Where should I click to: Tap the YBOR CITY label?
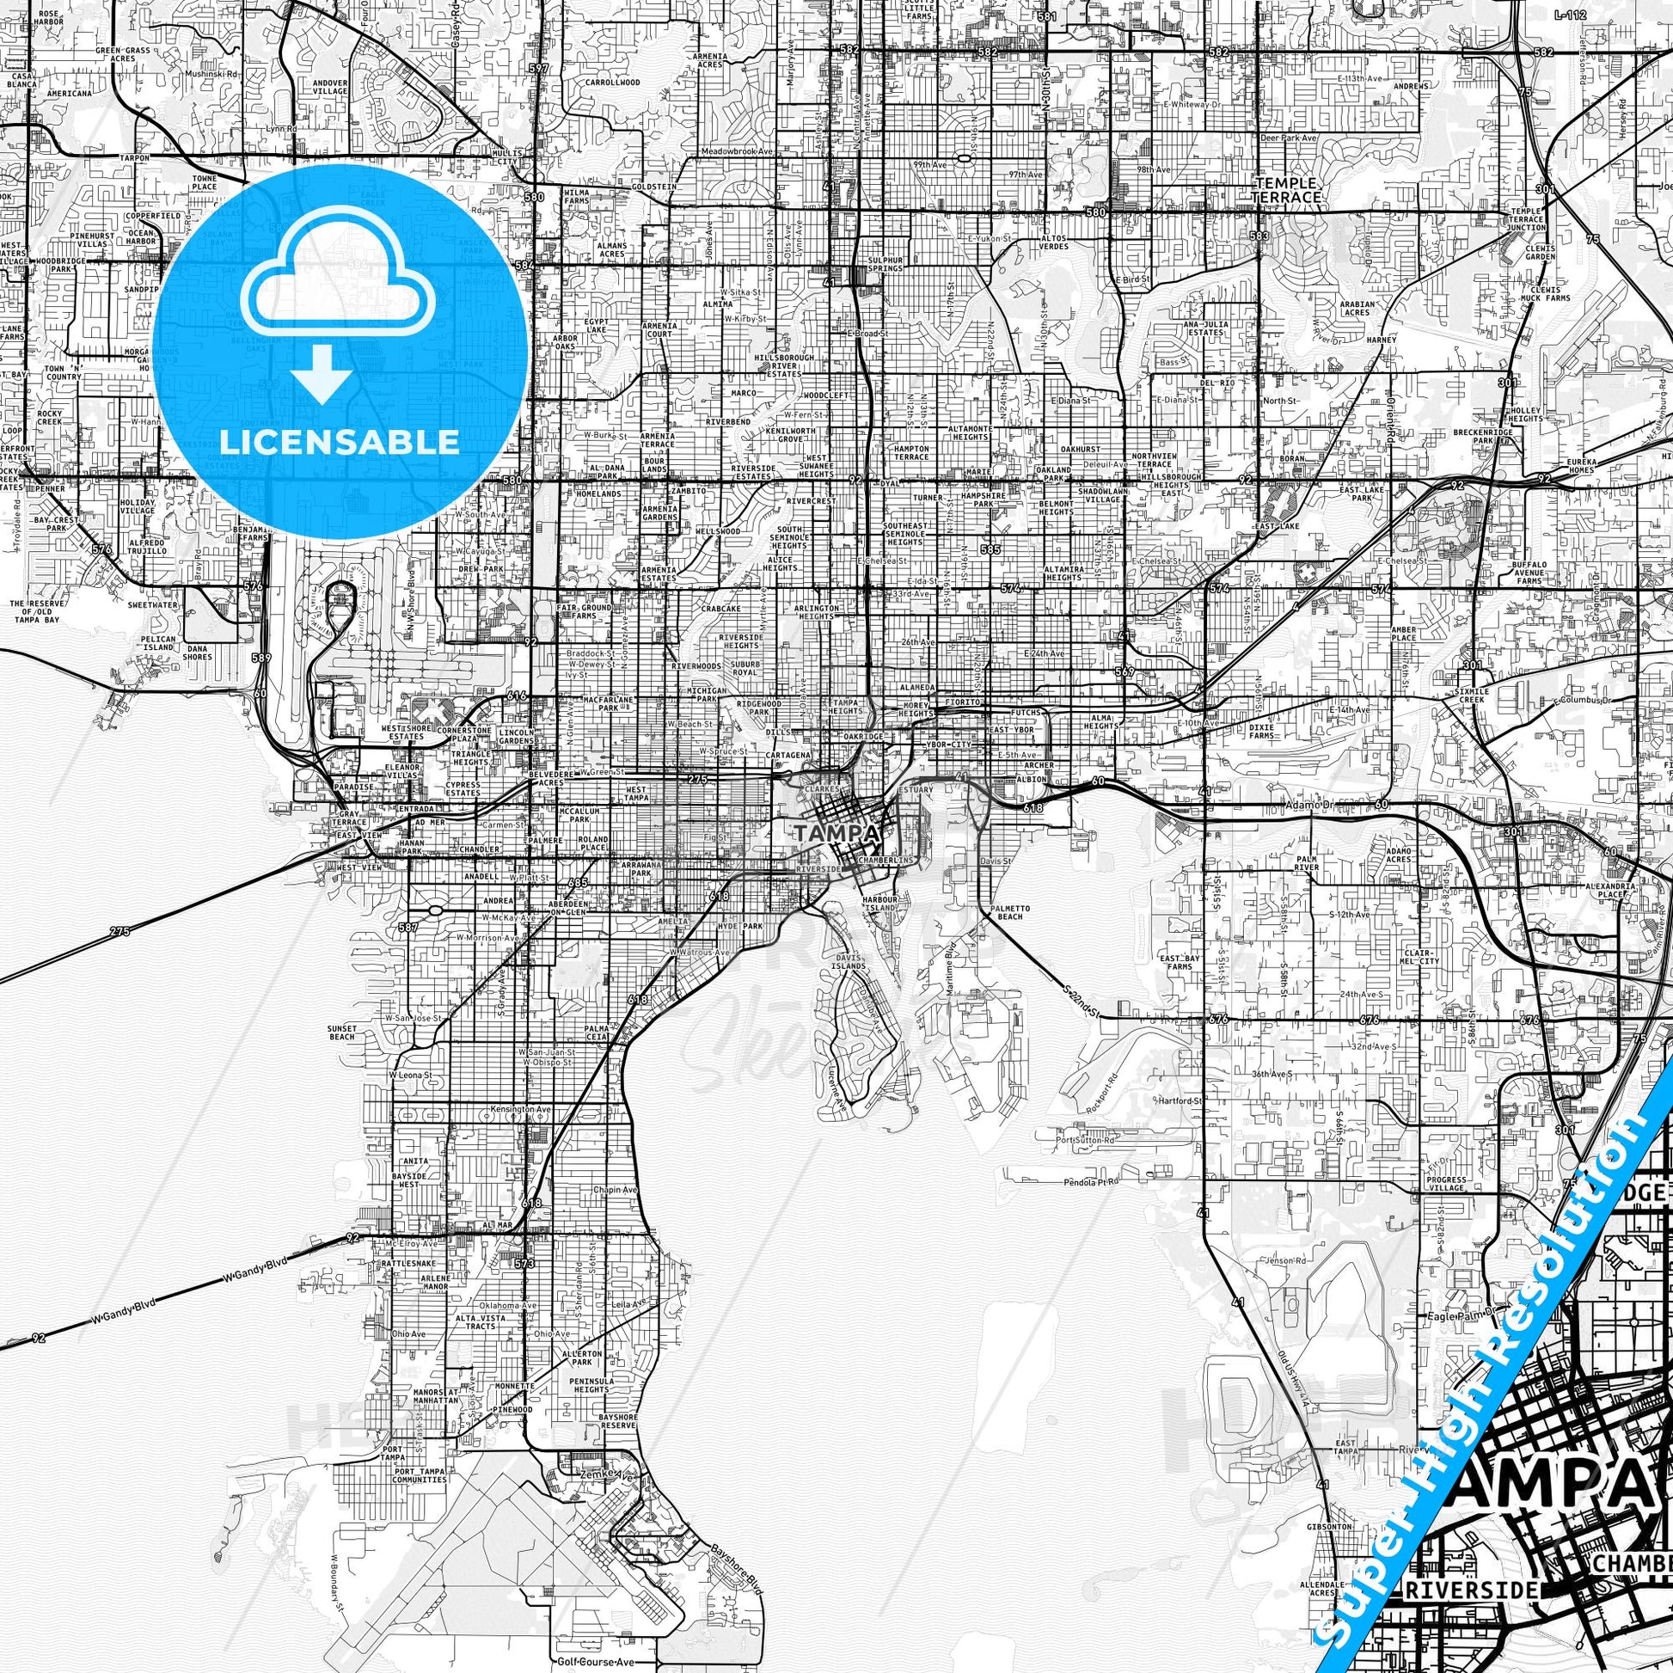pyautogui.click(x=967, y=745)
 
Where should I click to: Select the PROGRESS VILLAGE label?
pyautogui.click(x=1444, y=1182)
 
